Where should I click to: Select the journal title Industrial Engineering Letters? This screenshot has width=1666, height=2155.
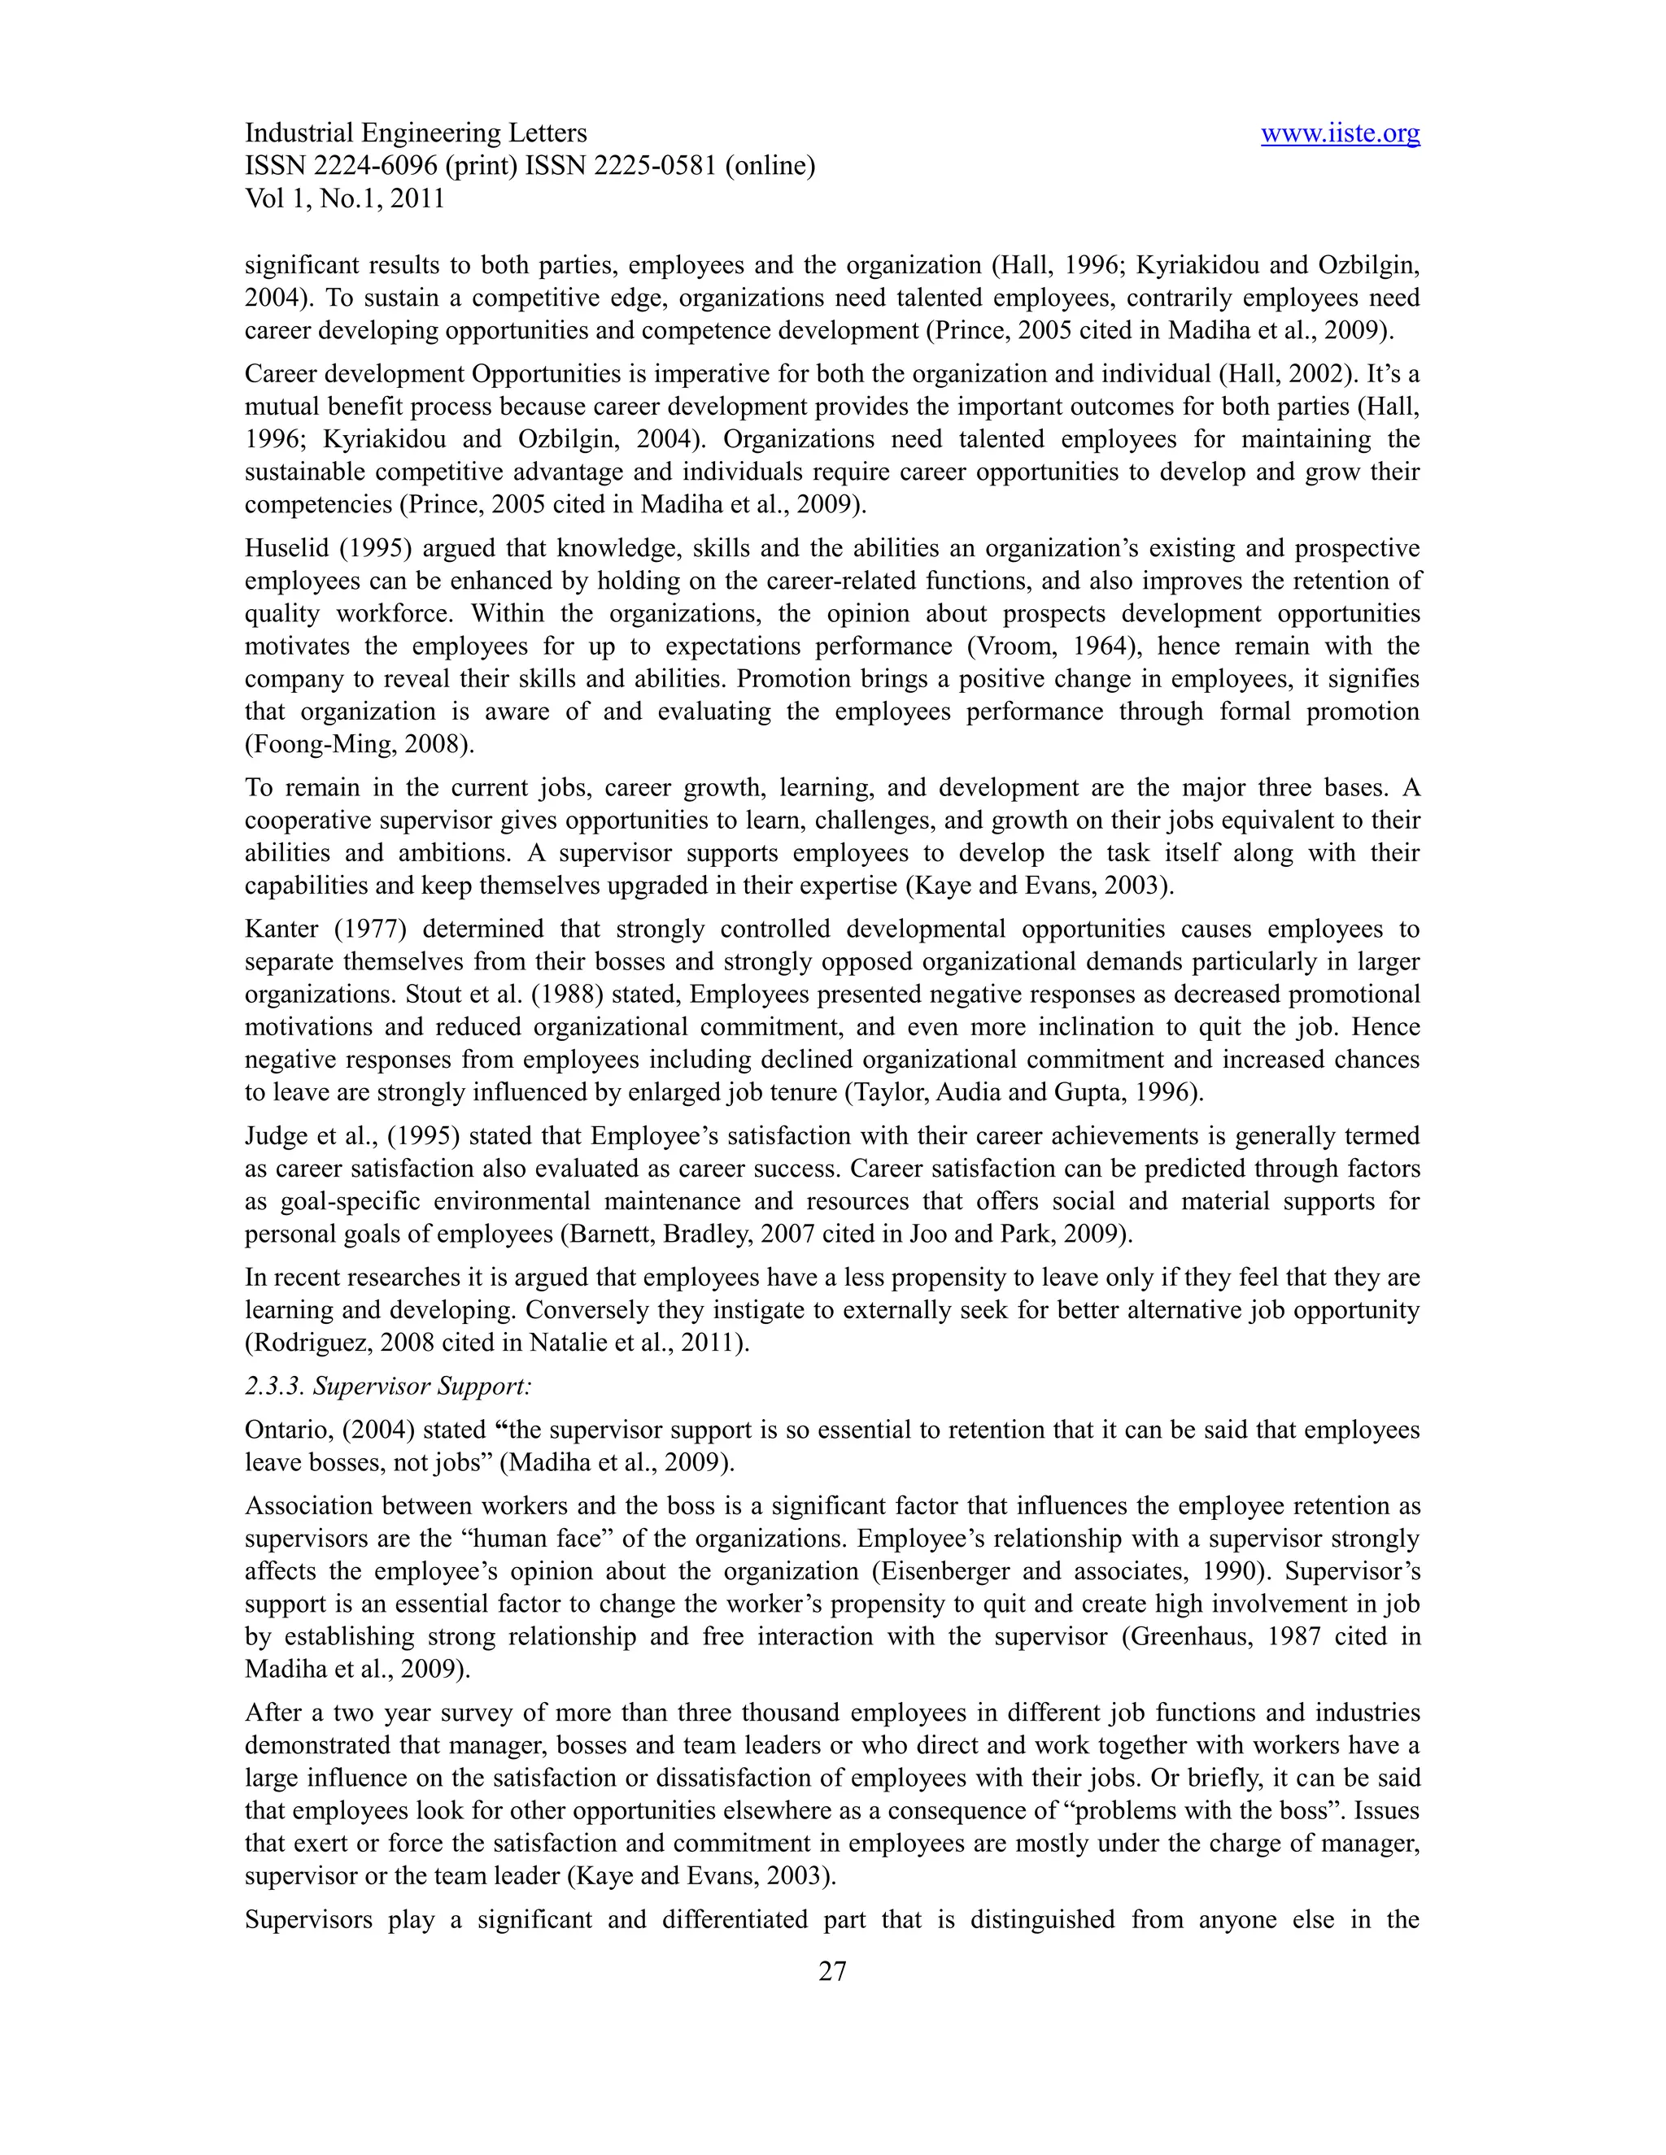(416, 133)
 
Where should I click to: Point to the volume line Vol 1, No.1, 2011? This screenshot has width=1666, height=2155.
(344, 198)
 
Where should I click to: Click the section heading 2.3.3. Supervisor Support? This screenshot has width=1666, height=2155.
(388, 1387)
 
